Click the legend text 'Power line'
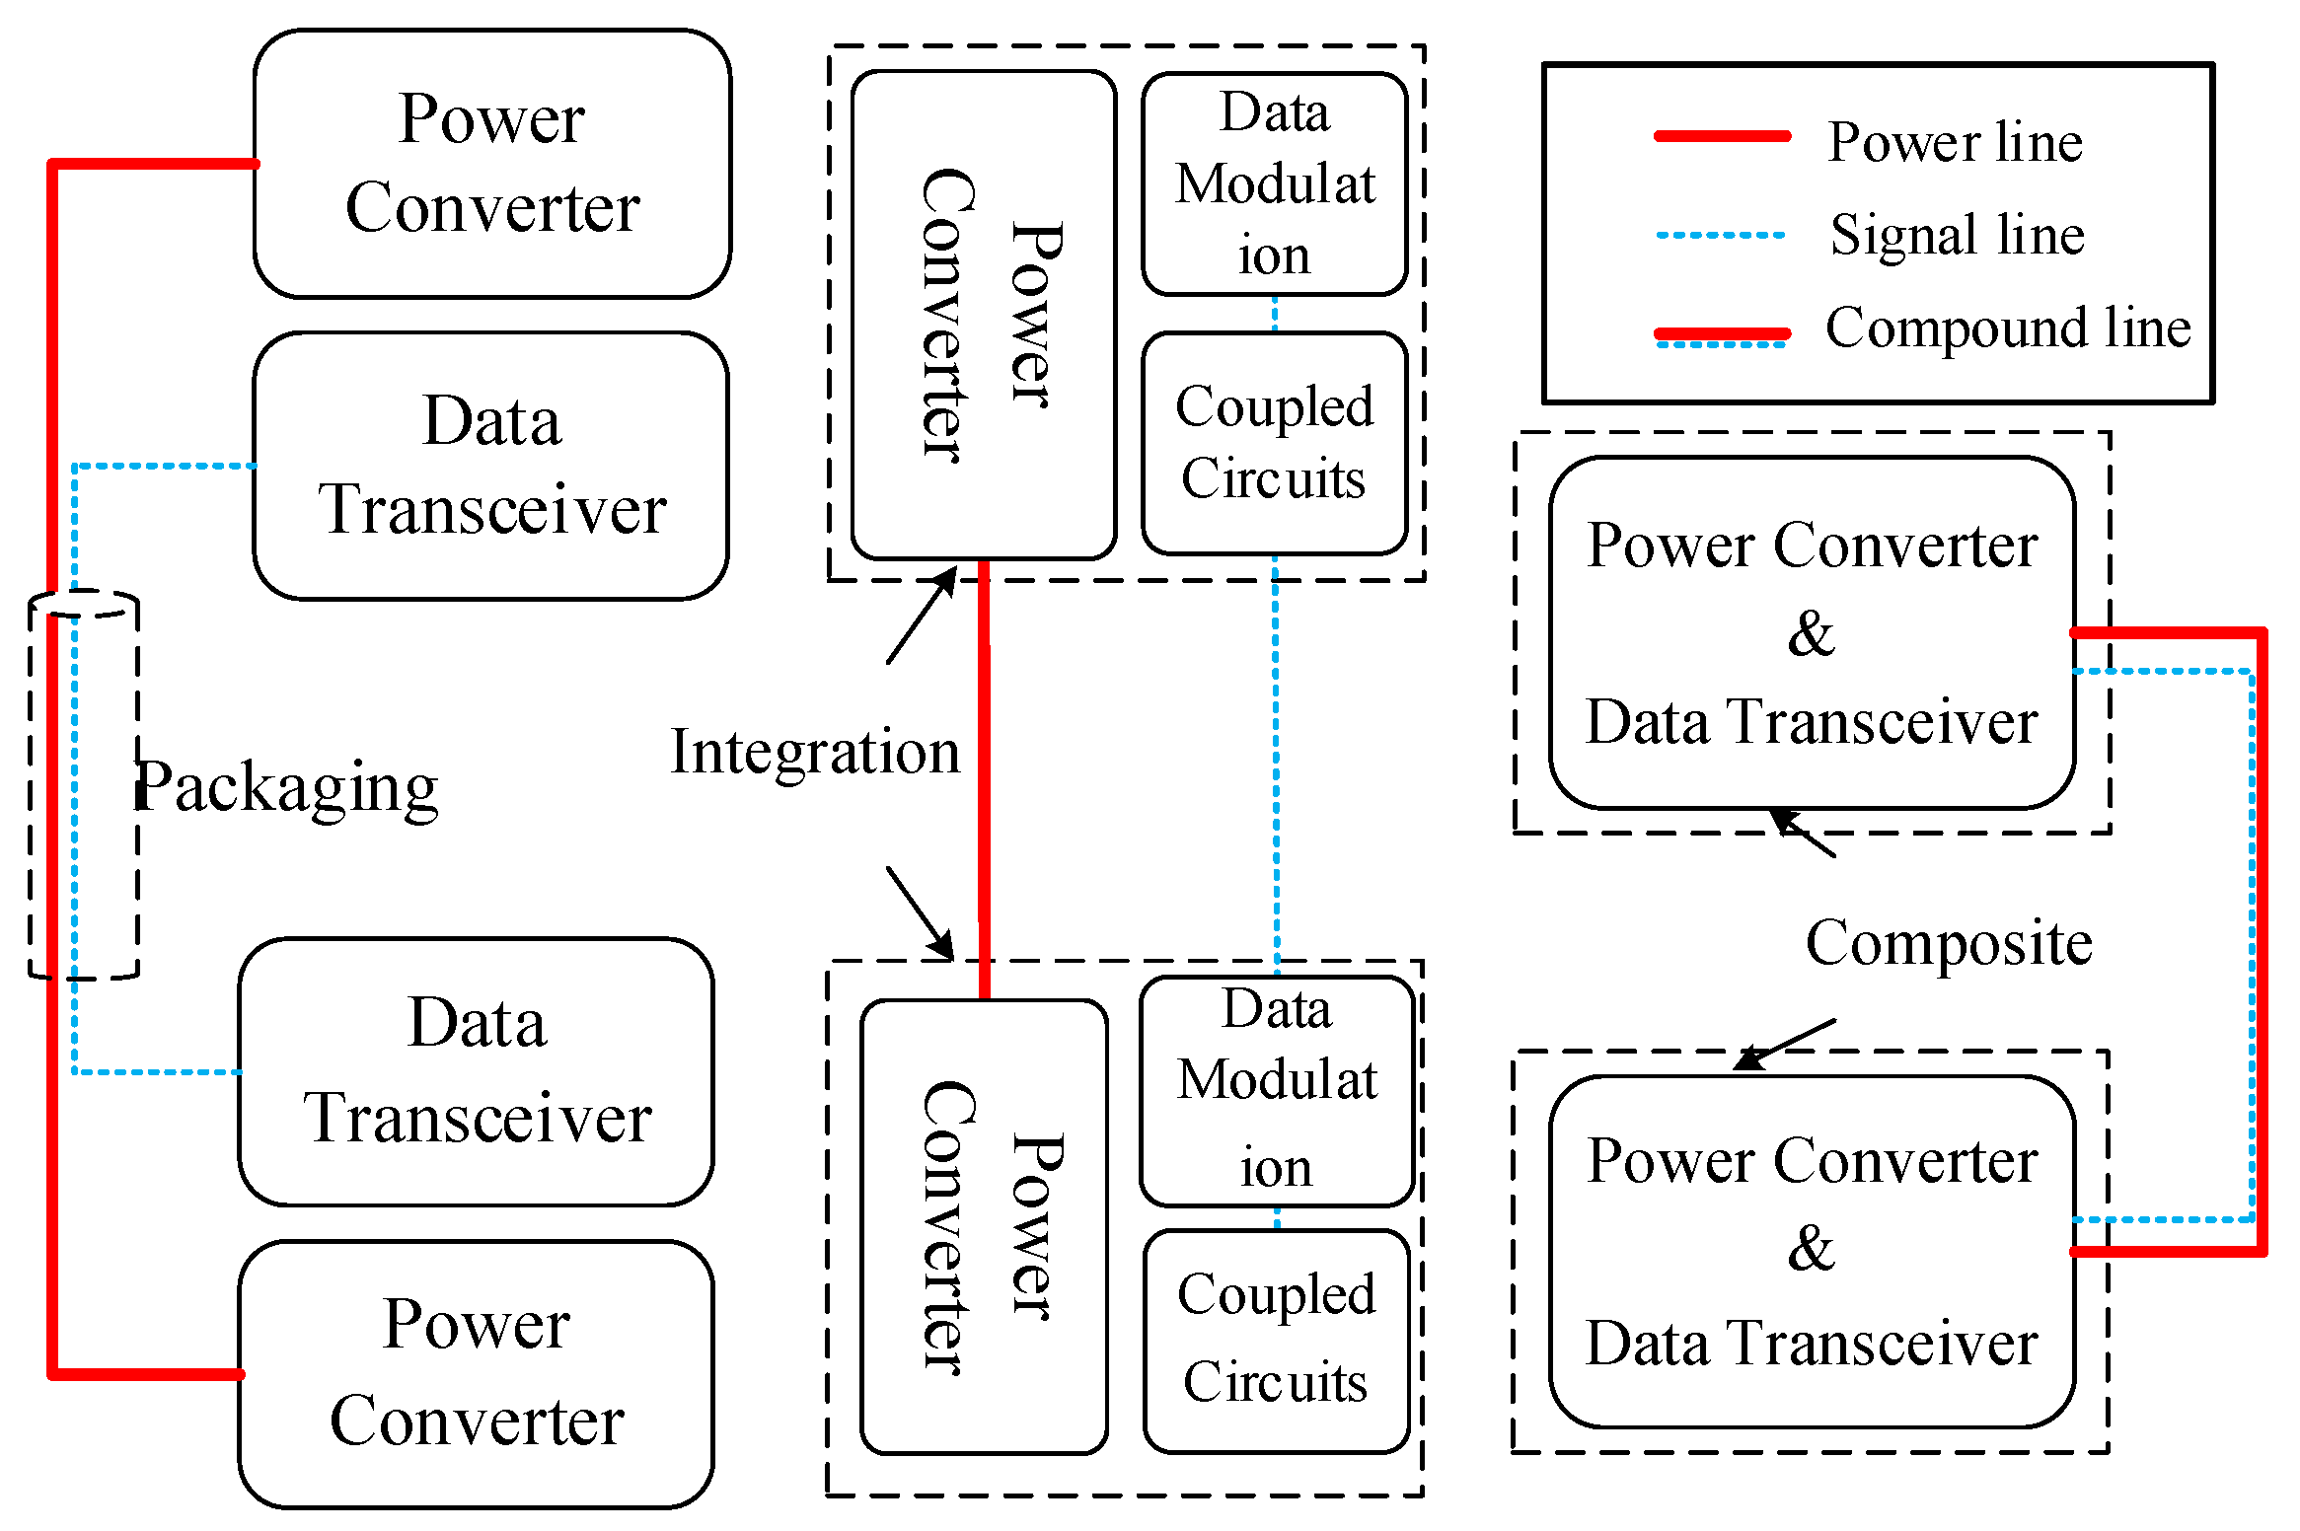[1954, 142]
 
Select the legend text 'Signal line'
[1957, 235]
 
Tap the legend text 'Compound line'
[2007, 328]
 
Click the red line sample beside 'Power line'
[1722, 136]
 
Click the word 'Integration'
[815, 752]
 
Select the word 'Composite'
[1949, 943]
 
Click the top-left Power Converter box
[491, 164]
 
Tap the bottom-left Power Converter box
[476, 1373]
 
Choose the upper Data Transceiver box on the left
[491, 466]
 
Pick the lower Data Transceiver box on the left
[476, 1071]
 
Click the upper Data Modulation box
[1274, 183]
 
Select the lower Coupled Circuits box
[1276, 1340]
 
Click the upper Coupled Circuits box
[1274, 442]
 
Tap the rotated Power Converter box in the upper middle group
[984, 314]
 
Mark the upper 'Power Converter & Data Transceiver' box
[1812, 633]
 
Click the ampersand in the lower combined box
[1812, 1249]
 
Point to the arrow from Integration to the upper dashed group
[921, 616]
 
